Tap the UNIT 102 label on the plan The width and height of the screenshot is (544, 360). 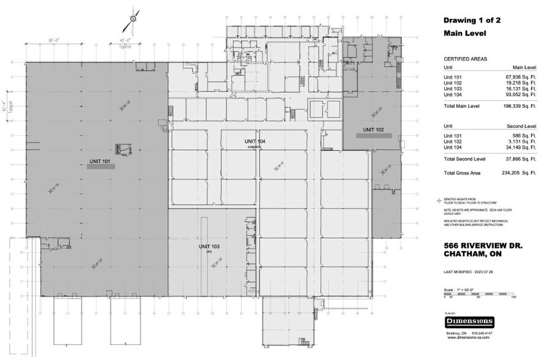coord(373,129)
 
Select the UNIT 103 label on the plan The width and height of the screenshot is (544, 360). coord(209,246)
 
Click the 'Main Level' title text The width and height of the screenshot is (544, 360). coord(464,34)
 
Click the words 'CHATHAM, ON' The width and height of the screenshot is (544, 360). coord(473,257)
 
